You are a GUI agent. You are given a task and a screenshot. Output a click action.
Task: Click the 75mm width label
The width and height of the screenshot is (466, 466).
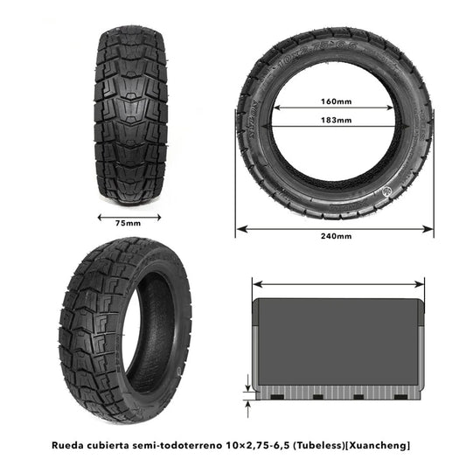point(128,224)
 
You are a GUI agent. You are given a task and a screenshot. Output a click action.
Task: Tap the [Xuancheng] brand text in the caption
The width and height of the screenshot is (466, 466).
point(379,445)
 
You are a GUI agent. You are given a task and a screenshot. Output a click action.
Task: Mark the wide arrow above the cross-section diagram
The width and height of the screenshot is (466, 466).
point(338,283)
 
